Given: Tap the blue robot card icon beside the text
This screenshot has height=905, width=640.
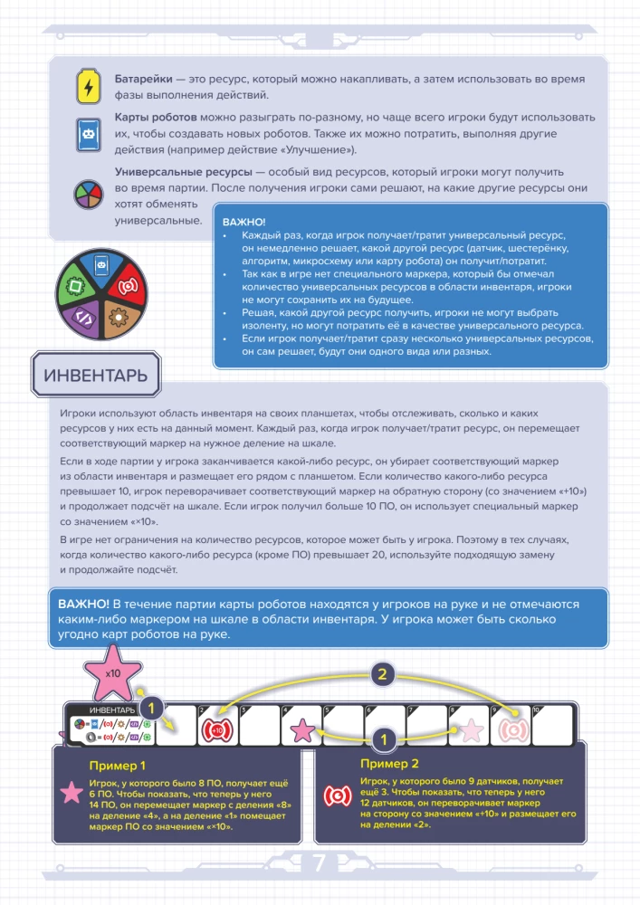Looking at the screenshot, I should [x=88, y=133].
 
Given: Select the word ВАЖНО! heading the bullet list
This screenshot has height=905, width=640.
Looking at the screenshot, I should [x=243, y=222].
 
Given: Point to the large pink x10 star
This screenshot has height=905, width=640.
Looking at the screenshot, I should [x=113, y=674].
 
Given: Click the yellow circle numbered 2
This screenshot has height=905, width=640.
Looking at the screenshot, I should [x=383, y=673].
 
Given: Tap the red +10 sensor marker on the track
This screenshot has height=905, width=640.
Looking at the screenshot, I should [x=216, y=728].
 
